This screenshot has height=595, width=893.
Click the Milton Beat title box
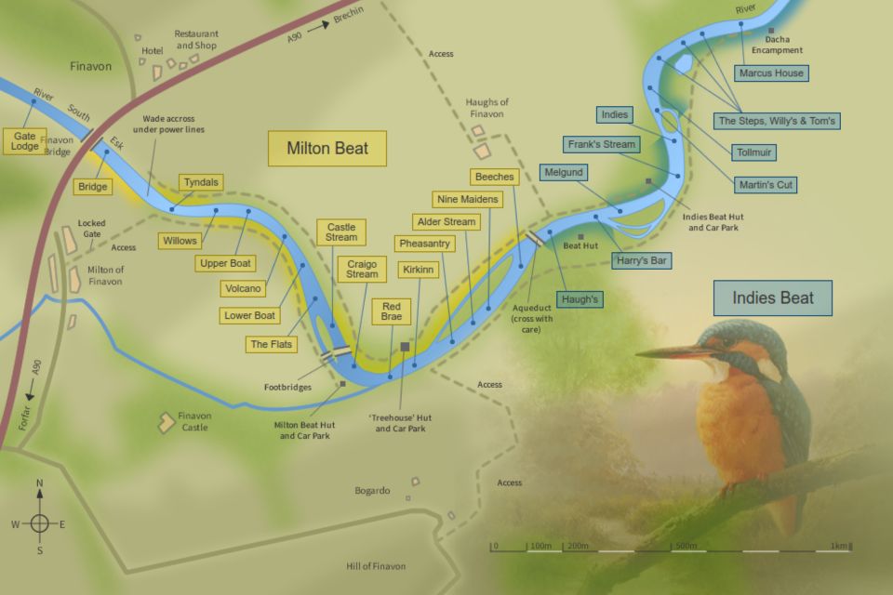coord(327,148)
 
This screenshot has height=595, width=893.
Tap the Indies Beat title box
coord(772,298)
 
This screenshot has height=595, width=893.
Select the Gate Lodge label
coord(24,141)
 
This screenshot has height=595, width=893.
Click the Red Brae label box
coord(391,311)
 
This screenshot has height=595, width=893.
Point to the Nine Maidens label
coord(467,199)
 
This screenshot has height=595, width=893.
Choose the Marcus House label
coord(770,73)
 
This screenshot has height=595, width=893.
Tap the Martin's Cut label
coord(766,184)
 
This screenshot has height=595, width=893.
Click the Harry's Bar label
coord(642,261)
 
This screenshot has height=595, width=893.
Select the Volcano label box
coord(243,289)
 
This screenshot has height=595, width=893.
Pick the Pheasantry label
coord(424,244)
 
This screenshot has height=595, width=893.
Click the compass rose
coord(39,522)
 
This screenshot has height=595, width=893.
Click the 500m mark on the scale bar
coord(686,547)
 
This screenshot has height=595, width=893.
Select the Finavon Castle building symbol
coord(167,422)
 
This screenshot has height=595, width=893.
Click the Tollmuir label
coord(754,152)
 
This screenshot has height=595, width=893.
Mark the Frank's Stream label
coord(602,144)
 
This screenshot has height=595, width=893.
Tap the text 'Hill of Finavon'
coord(376,566)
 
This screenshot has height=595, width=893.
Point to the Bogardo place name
coord(372,490)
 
